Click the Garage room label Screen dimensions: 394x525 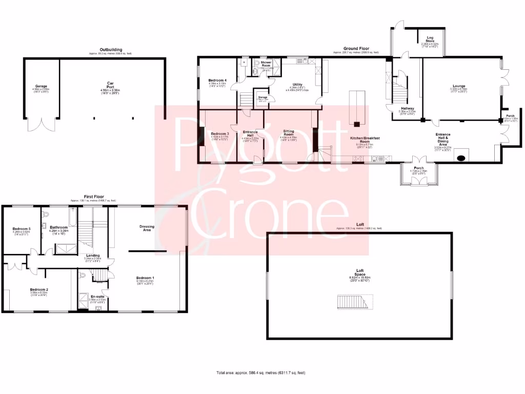[41, 86]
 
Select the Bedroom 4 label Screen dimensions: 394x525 [218, 81]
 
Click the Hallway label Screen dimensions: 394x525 [408, 108]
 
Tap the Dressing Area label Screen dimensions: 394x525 [147, 228]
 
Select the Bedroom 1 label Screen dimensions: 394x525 [145, 278]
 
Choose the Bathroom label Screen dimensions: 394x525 [59, 227]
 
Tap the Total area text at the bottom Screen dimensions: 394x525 [261, 372]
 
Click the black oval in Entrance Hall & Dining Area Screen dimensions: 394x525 [461, 157]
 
